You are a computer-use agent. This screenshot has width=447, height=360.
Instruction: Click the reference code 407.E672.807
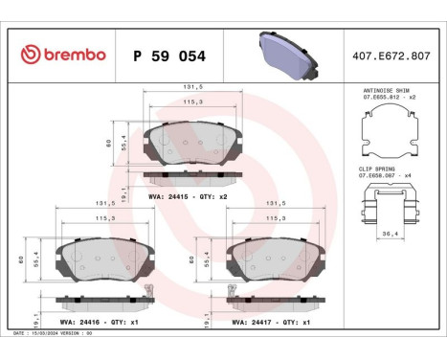click(x=392, y=56)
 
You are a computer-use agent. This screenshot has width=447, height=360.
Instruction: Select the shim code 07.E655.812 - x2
click(x=388, y=97)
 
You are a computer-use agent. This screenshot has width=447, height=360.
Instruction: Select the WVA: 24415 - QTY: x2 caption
click(x=189, y=195)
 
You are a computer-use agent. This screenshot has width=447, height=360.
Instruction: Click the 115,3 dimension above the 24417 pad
click(x=275, y=218)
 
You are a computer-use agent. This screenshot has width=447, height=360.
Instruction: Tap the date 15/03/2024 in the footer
click(x=52, y=332)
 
